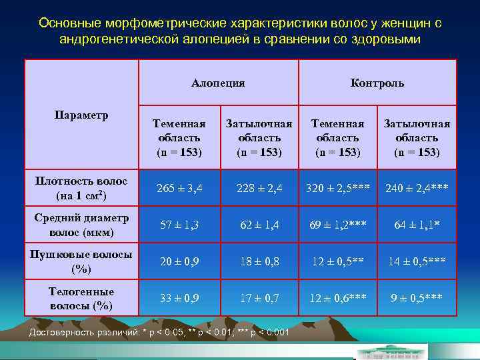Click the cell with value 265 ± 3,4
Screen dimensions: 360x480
click(178, 189)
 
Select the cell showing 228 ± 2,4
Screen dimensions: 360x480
click(259, 189)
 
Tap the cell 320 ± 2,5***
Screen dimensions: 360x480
click(337, 189)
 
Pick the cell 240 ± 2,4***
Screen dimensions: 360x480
click(417, 189)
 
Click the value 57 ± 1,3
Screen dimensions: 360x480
click(178, 225)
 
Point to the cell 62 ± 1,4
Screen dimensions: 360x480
click(259, 225)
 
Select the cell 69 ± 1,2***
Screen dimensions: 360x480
click(337, 225)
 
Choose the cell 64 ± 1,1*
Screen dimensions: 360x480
click(417, 225)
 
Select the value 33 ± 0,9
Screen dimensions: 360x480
click(178, 298)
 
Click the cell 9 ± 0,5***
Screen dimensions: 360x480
click(417, 298)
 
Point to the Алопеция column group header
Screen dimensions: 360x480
click(218, 83)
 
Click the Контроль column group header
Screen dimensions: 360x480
click(377, 83)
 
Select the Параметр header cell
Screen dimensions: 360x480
click(81, 114)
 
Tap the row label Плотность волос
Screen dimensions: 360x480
click(81, 189)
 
